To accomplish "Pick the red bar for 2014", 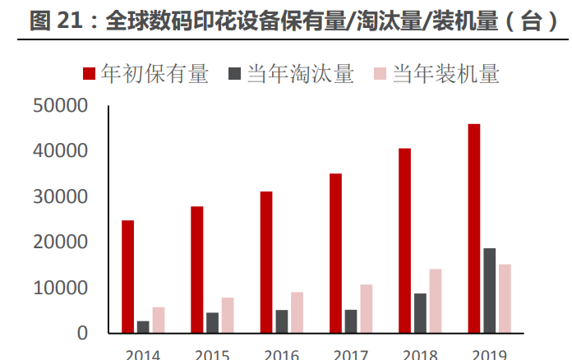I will click(x=127, y=276).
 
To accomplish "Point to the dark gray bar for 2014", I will click(x=143, y=327).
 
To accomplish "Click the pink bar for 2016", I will click(x=297, y=312).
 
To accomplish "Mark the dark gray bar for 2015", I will click(x=212, y=323).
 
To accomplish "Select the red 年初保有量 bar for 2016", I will click(x=266, y=262).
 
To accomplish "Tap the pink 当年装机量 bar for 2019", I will click(x=505, y=298).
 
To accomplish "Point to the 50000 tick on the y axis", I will click(x=60, y=106).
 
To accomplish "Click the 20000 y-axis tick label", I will click(x=60, y=242).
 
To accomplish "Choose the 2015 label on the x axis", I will click(x=212, y=354).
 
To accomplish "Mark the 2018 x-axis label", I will click(x=420, y=354).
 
